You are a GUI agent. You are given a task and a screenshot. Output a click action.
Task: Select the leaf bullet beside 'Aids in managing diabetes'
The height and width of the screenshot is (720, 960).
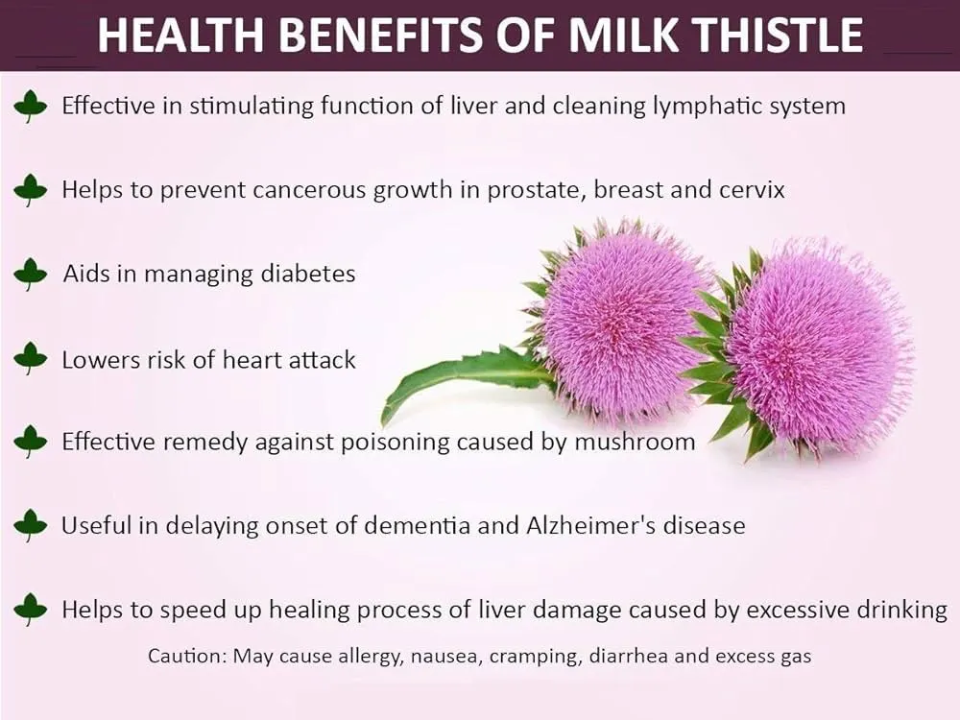pyautogui.click(x=31, y=274)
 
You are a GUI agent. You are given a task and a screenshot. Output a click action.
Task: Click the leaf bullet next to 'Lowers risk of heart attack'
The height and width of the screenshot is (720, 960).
pyautogui.click(x=31, y=359)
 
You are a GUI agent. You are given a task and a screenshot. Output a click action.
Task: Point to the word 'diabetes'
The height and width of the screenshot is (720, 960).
pyautogui.click(x=308, y=274)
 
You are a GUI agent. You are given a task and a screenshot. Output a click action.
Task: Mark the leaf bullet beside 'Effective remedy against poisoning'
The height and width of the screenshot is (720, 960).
pyautogui.click(x=31, y=442)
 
